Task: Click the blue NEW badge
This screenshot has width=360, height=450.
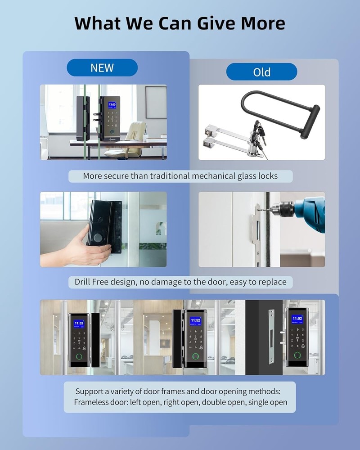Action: coord(102,68)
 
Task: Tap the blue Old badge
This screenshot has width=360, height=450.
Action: coord(261,72)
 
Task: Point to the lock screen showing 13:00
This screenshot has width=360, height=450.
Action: coord(112,104)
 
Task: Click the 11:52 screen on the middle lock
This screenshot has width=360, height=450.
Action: coord(195,321)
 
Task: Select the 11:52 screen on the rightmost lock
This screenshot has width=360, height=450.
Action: coord(297,319)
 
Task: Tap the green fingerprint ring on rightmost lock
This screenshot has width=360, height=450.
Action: coord(297,355)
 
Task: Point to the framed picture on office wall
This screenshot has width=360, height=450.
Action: coord(155,102)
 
